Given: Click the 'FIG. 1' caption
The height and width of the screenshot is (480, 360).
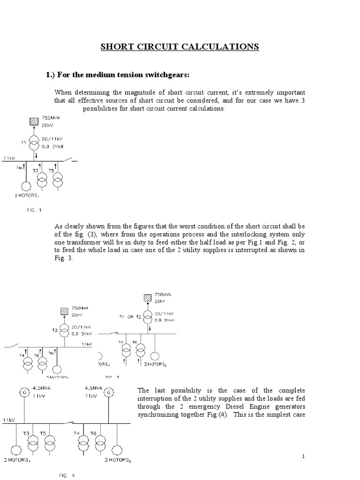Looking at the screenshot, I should click(x=34, y=210).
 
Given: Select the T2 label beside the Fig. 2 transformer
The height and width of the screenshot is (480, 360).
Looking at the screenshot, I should click(x=55, y=330).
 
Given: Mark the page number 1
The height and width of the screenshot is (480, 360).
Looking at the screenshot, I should click(x=304, y=456).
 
